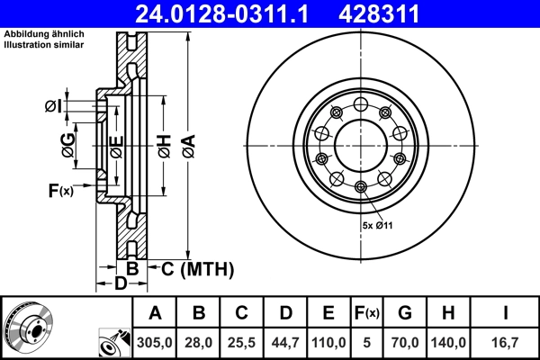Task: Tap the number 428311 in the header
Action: pos(392,13)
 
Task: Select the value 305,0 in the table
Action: pos(155,343)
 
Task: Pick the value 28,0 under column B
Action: pos(199,343)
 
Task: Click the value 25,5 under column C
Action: pos(242,343)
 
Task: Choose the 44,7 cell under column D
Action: pos(285,343)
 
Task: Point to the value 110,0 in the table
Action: pos(329,343)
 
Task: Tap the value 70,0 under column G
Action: pos(406,343)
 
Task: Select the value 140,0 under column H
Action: pos(449,343)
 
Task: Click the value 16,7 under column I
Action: pos(506,343)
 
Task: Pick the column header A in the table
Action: pos(155,313)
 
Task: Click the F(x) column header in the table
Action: pos(367,313)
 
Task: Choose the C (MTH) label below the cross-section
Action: pos(197,268)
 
